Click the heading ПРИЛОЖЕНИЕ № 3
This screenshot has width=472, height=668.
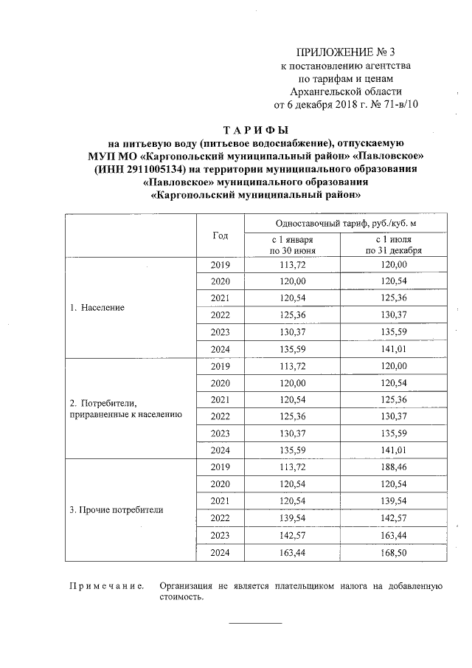click(346, 52)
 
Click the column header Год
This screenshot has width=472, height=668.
click(220, 235)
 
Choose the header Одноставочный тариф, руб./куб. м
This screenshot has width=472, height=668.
click(346, 223)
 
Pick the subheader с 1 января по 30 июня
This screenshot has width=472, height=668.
click(293, 245)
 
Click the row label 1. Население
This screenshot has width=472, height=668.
click(97, 306)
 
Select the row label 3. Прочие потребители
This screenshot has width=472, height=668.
click(116, 510)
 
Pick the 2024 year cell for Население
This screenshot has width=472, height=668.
click(220, 349)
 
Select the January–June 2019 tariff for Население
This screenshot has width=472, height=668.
click(293, 264)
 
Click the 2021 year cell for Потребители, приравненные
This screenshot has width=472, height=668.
click(220, 399)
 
